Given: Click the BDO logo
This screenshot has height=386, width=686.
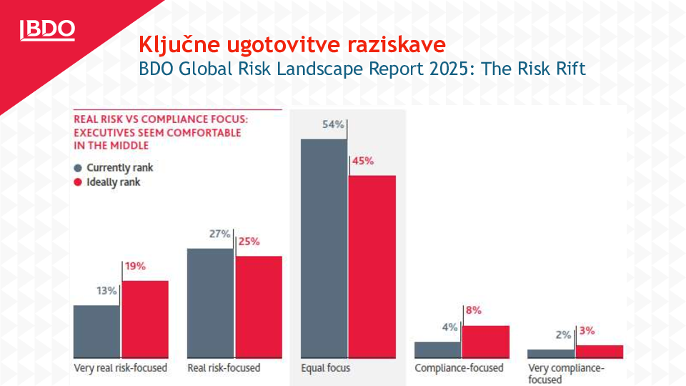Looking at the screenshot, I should click(48, 29).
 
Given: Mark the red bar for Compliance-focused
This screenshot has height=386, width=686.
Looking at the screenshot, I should click(485, 341).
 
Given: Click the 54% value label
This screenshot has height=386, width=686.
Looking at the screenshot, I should click(334, 124).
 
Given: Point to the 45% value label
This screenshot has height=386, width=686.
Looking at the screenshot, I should click(362, 161).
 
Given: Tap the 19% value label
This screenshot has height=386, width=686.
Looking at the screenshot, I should click(135, 266).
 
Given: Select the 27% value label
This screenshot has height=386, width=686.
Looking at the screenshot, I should click(220, 234).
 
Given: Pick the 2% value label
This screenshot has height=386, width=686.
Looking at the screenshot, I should click(563, 335).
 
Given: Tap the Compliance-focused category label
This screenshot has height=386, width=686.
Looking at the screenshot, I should click(459, 368).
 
